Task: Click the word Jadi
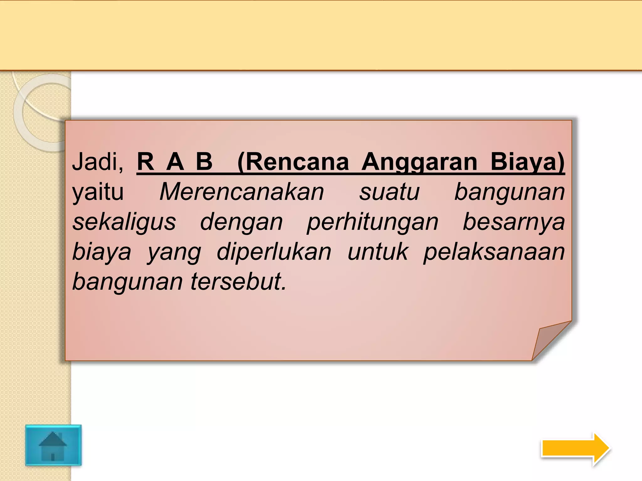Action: point(97,162)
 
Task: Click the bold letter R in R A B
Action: point(145,162)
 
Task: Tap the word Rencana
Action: point(293,162)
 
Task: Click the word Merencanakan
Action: point(241,192)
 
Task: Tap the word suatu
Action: point(389,192)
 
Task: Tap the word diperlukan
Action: point(274,252)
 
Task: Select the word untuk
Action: point(378,252)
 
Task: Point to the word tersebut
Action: point(238,281)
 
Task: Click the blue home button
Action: point(53,445)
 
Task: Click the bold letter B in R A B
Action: point(204,162)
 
